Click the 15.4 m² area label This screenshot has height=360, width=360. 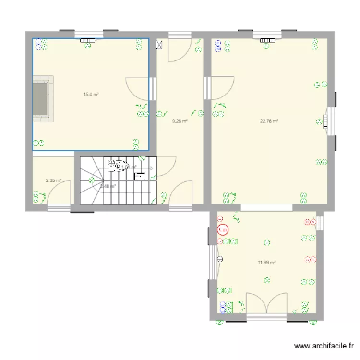click(91, 95)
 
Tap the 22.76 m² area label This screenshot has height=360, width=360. click(269, 121)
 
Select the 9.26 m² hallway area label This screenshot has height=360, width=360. click(180, 121)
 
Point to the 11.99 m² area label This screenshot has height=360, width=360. click(266, 263)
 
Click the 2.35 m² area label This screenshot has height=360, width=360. click(53, 181)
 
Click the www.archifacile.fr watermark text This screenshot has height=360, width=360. click(324, 346)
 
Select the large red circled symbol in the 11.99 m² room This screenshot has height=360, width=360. click(223, 230)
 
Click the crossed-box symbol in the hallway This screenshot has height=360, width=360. click(159, 46)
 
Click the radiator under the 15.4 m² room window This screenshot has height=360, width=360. click(88, 41)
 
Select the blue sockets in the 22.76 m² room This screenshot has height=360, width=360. click(218, 46)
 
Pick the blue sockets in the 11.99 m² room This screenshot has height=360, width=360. click(223, 306)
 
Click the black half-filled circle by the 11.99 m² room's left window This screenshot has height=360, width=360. click(220, 259)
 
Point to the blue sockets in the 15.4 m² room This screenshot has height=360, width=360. click(36, 45)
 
